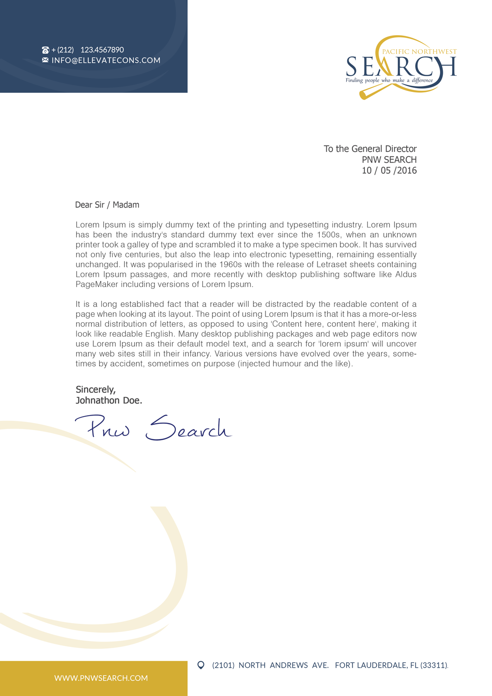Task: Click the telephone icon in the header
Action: tap(45, 50)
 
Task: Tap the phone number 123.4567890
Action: tap(102, 50)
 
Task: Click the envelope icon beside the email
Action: tap(45, 60)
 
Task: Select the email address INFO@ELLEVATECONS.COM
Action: tap(106, 60)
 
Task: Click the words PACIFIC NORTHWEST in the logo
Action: tap(419, 52)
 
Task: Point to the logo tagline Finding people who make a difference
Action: tap(389, 80)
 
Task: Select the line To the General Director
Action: tap(370, 149)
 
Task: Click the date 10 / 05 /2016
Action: tap(389, 171)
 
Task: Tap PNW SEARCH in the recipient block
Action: tap(389, 160)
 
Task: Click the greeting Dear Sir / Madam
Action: tap(107, 205)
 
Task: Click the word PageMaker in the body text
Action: tap(97, 285)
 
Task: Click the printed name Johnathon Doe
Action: tap(109, 400)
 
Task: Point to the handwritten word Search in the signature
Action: tap(188, 429)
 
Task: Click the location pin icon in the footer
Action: tap(201, 665)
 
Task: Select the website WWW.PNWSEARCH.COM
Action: tap(101, 678)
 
